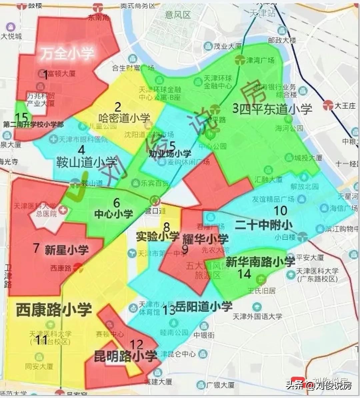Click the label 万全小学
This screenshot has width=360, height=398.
[x=67, y=53]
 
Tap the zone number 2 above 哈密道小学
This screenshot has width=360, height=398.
[x=118, y=107]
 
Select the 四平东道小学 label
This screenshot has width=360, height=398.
[x=276, y=109]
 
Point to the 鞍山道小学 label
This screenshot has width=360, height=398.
[x=87, y=162]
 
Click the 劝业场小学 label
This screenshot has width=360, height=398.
[x=170, y=153]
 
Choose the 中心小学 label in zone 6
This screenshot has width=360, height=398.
[x=113, y=214]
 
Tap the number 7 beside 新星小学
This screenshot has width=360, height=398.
[x=37, y=248]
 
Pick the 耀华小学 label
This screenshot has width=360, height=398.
[x=205, y=239]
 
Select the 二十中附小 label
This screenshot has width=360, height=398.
[x=263, y=225]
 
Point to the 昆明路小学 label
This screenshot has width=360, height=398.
[x=125, y=356]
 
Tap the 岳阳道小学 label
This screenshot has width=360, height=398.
[x=204, y=306]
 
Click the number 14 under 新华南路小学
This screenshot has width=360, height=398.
[x=244, y=274]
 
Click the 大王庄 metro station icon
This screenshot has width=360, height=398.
[x=328, y=106]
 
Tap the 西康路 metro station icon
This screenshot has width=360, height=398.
[x=78, y=267]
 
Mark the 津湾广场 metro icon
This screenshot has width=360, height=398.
[x=240, y=60]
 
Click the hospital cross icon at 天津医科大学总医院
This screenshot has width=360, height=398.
[x=63, y=211]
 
